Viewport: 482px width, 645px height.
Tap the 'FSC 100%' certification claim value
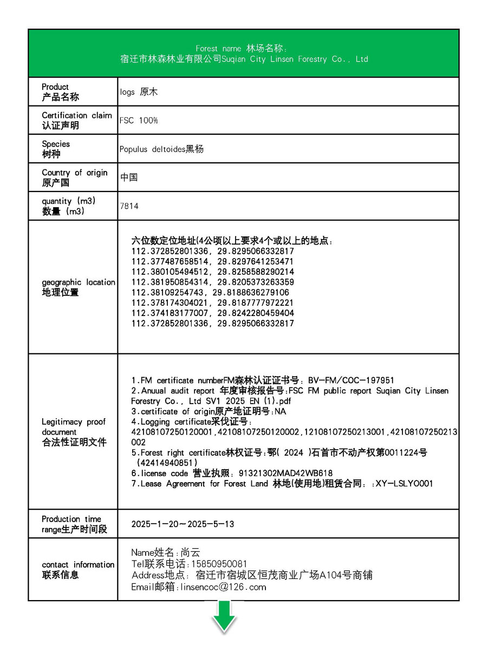[x=139, y=121]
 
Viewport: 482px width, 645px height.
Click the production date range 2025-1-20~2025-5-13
[x=183, y=524]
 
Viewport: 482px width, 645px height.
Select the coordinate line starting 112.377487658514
[x=212, y=261]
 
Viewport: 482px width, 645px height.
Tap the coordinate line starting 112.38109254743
[x=210, y=293]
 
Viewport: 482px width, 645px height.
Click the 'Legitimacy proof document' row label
[x=74, y=432]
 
